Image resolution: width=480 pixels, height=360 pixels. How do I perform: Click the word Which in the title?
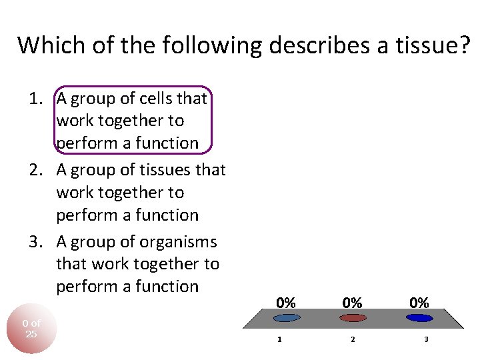click(x=43, y=45)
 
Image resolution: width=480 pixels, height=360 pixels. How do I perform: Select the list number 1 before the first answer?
click(x=33, y=99)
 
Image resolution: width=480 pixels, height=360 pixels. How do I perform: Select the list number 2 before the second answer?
click(x=33, y=170)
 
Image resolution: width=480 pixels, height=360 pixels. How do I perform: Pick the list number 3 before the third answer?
click(x=33, y=242)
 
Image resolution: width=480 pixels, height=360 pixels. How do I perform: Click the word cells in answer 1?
click(x=155, y=99)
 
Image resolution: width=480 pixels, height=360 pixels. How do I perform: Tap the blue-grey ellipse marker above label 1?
click(x=286, y=318)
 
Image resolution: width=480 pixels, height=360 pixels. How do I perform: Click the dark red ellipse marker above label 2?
click(x=353, y=318)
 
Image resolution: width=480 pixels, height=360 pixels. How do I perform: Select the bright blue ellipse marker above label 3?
click(x=419, y=318)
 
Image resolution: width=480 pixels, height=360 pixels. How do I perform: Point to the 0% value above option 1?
click(x=286, y=303)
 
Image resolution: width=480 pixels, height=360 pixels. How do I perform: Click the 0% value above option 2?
click(x=353, y=303)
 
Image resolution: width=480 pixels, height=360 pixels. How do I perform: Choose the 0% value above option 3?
click(x=419, y=303)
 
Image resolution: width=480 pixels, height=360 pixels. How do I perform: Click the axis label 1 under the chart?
click(x=279, y=339)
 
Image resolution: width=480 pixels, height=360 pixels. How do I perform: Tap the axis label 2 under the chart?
click(x=353, y=339)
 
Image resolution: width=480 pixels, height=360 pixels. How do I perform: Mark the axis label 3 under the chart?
click(x=426, y=339)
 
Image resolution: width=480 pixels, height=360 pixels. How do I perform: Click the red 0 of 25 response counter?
click(x=31, y=329)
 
